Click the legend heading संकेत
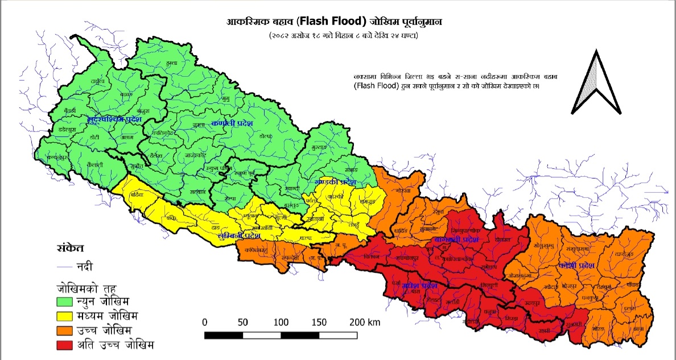click(x=70, y=248)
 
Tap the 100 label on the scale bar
click(x=281, y=322)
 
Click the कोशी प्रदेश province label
click(x=577, y=266)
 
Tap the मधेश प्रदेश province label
click(x=419, y=285)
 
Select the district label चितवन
click(x=371, y=257)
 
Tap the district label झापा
click(x=637, y=328)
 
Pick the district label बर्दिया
click(x=137, y=195)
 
